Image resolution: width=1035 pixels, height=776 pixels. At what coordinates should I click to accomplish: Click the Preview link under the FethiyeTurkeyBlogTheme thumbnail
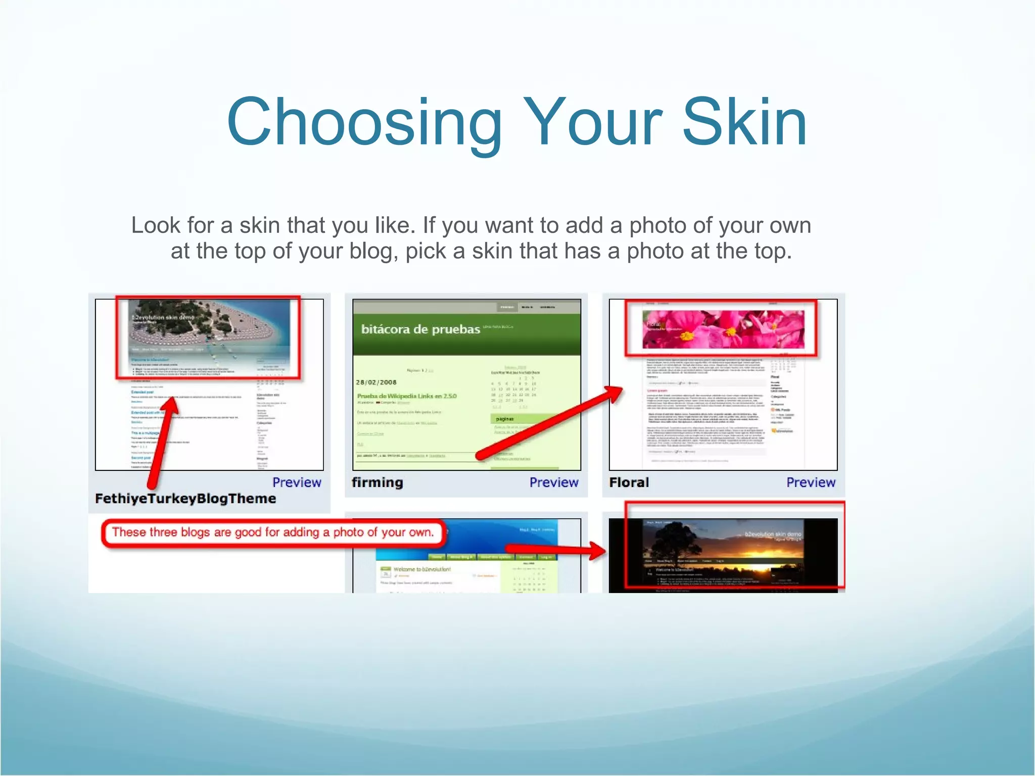coord(297,482)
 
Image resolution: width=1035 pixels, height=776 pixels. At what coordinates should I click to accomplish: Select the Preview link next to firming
coord(553,482)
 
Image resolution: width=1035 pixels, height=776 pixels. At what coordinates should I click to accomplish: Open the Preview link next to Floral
coord(811,482)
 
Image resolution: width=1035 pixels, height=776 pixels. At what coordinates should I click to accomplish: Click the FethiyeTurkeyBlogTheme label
coord(185,499)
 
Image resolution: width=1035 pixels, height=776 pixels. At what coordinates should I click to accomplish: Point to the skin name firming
coord(377,482)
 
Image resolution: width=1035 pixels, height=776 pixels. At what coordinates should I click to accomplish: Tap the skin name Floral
coord(629,482)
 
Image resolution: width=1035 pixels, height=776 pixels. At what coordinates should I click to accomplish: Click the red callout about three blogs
coord(273,532)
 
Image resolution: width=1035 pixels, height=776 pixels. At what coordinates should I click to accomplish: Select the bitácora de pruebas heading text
coord(420,329)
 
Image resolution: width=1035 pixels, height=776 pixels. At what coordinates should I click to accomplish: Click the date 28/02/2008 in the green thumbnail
coord(376,382)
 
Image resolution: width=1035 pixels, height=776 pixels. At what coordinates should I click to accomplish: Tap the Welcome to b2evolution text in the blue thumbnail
coord(422,569)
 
